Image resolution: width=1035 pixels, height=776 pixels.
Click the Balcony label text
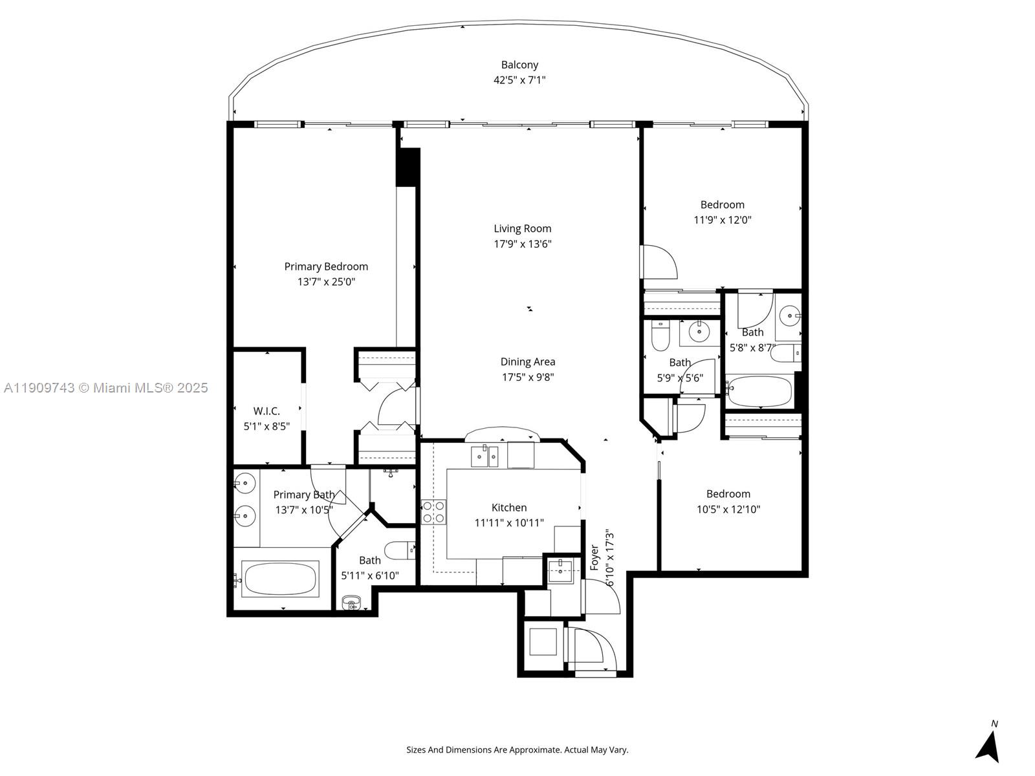(x=519, y=65)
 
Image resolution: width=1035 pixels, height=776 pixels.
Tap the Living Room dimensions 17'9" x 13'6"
(x=523, y=244)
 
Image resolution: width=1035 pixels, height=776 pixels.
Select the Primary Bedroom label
(x=326, y=266)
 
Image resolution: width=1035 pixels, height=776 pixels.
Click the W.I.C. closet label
(x=267, y=411)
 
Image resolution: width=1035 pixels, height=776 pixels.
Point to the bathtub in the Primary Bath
(x=280, y=578)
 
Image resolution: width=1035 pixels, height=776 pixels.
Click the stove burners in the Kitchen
(x=433, y=512)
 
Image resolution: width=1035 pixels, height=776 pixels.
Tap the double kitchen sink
(x=484, y=457)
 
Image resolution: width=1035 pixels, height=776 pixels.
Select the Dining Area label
(x=528, y=362)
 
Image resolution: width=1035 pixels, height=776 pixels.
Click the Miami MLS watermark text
(x=106, y=388)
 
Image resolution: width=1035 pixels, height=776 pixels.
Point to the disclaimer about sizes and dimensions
(x=517, y=750)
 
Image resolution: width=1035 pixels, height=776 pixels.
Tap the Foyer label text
(x=594, y=557)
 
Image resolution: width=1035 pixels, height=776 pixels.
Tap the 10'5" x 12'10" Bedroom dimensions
(x=728, y=510)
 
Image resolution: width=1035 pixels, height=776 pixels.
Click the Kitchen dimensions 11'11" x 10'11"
(x=509, y=523)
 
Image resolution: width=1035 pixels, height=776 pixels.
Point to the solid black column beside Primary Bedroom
(x=408, y=167)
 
